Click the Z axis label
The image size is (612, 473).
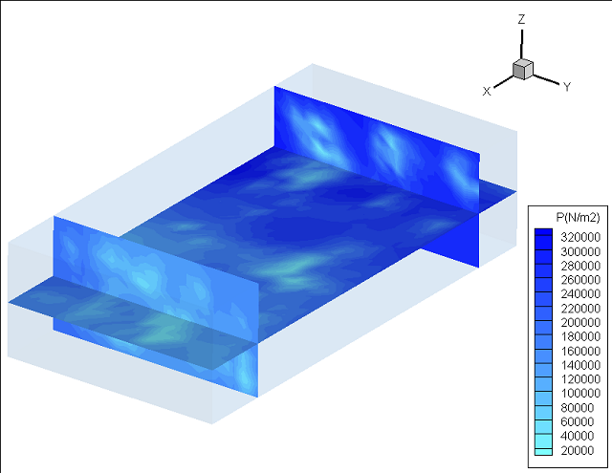pos(521,19)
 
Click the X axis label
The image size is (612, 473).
pos(487,91)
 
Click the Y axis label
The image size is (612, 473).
pos(567,87)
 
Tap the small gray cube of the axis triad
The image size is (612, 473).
pos(523,69)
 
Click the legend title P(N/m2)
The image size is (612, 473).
pos(578,218)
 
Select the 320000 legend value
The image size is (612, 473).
pos(580,237)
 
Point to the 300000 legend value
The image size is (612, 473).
pos(580,251)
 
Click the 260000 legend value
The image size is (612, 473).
pos(580,280)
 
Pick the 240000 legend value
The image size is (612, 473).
pos(580,293)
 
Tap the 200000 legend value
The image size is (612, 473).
pos(580,322)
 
